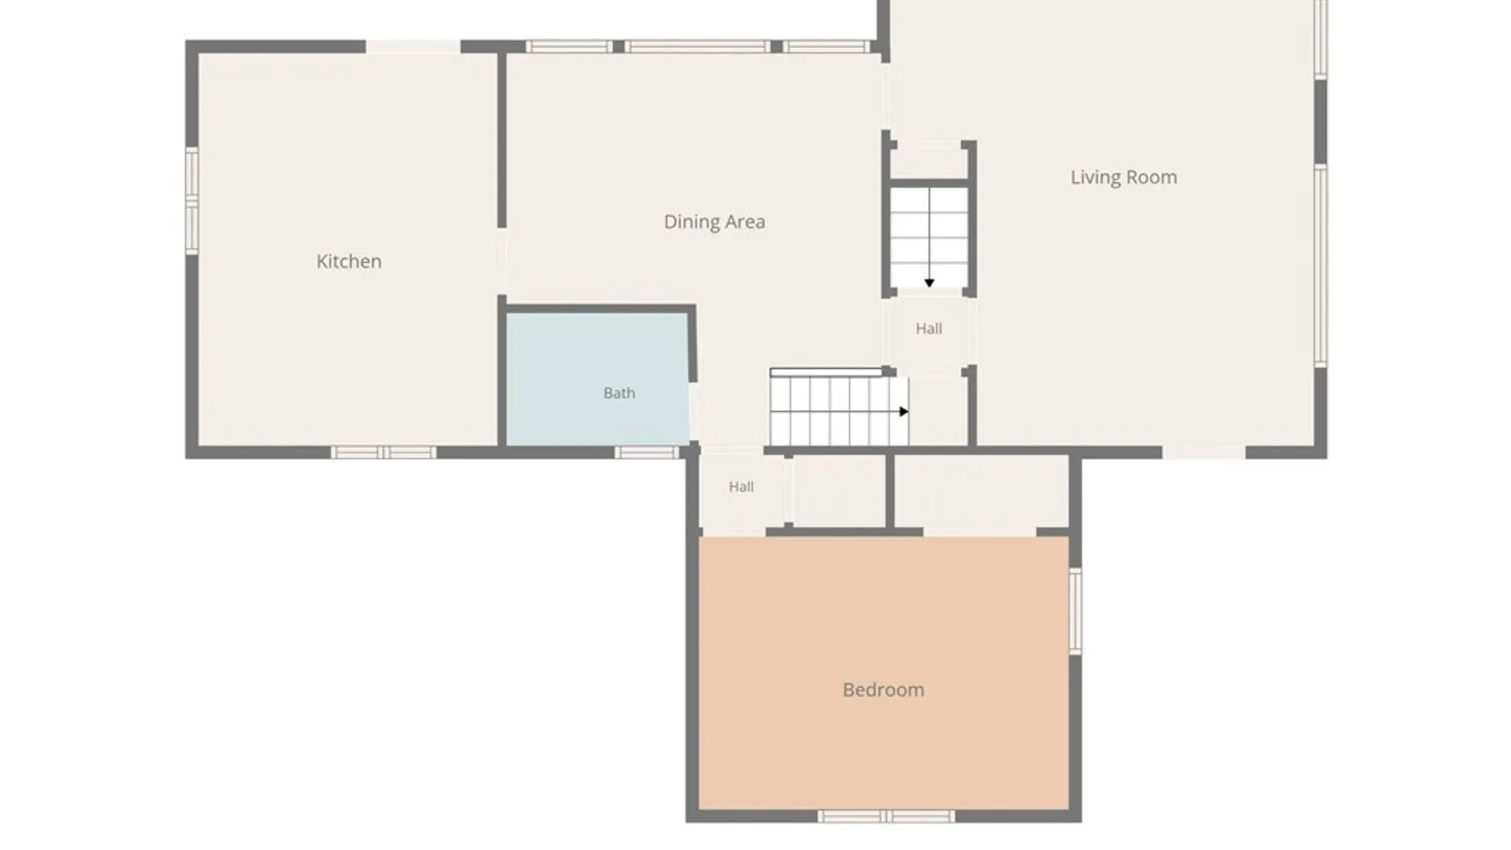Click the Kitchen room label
(349, 261)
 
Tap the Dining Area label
(715, 222)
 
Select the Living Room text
(1124, 178)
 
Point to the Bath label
(619, 393)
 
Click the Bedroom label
(884, 690)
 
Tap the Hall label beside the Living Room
(929, 328)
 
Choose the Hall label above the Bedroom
(741, 487)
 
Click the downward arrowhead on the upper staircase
(929, 283)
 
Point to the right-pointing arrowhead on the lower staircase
(904, 412)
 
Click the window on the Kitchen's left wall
(191, 201)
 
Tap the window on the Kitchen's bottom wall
(383, 453)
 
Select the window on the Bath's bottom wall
(646, 453)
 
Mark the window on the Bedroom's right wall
(1075, 612)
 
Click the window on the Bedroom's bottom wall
(886, 817)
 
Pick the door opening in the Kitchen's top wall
(413, 47)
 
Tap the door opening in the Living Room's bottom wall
(1204, 453)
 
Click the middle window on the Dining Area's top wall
(697, 47)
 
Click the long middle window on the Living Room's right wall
(1321, 265)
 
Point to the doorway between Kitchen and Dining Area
(501, 262)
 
